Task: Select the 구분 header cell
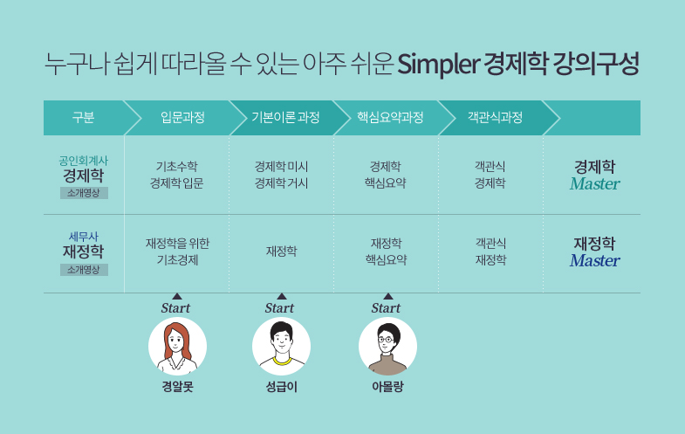(83, 118)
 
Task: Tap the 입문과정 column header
(182, 118)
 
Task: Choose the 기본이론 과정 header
(285, 118)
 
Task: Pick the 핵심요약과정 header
(390, 118)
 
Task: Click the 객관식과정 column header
(495, 118)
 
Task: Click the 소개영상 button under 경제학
(84, 193)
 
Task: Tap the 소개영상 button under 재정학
(84, 270)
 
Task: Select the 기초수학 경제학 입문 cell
(177, 175)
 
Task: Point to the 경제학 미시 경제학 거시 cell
(281, 175)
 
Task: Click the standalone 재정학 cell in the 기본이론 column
(281, 251)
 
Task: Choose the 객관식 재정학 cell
(490, 251)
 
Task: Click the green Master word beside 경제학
(594, 184)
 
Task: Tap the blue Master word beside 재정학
(594, 261)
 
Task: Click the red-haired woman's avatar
(177, 346)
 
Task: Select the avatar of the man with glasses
(388, 346)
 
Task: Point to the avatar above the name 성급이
(281, 346)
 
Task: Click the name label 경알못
(177, 387)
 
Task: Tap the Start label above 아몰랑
(386, 308)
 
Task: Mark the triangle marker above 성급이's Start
(282, 296)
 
